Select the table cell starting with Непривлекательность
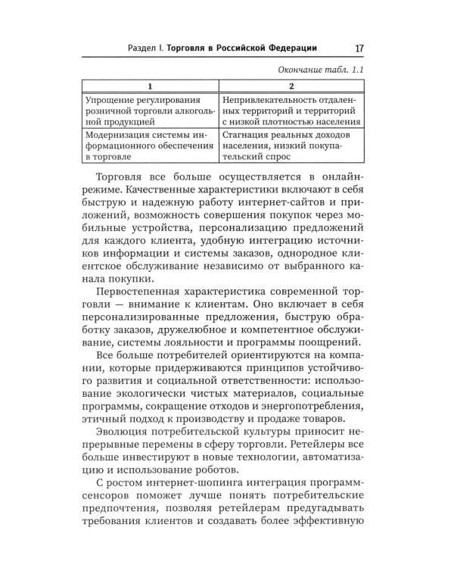[x=293, y=110]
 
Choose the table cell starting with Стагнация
[x=293, y=145]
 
